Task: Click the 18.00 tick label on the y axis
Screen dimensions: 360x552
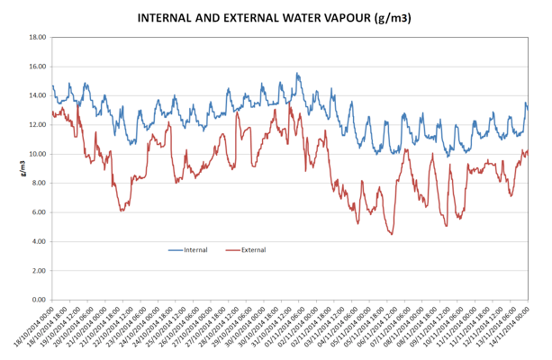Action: click(37, 38)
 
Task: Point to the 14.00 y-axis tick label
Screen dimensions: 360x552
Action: click(37, 96)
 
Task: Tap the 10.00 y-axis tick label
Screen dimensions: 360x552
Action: click(37, 154)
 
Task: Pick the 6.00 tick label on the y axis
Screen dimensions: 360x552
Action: click(39, 212)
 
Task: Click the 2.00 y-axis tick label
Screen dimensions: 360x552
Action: click(39, 271)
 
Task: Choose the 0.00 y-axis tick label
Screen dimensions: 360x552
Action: click(39, 300)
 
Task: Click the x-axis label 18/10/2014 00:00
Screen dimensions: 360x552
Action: click(34, 326)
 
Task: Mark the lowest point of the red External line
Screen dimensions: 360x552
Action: click(391, 234)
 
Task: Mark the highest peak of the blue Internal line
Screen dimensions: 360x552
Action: click(296, 74)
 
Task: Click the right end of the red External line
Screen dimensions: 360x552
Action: click(528, 150)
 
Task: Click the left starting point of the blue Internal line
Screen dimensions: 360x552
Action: click(52, 85)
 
